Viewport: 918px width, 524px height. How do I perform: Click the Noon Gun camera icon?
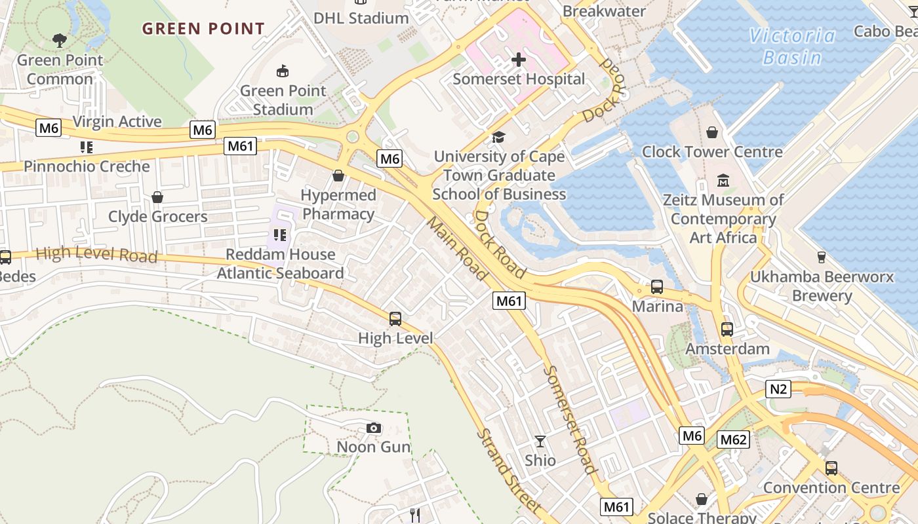[374, 428]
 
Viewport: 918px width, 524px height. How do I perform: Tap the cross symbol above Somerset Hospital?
[519, 60]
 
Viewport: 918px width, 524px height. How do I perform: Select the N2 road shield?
[778, 390]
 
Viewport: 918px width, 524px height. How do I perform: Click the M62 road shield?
[732, 440]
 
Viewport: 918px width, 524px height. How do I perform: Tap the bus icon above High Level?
[395, 319]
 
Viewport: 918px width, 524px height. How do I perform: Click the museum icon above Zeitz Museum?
[723, 180]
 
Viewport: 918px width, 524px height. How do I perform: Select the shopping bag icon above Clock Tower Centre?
[712, 133]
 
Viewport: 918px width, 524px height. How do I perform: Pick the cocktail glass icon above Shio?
[540, 441]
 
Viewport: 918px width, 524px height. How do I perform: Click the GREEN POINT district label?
[203, 29]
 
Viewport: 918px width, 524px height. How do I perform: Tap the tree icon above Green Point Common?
[60, 41]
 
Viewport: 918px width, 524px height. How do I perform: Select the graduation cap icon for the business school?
[499, 138]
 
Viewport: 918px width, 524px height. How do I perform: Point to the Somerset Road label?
[570, 419]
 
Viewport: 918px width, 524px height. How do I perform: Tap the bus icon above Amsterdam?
[727, 329]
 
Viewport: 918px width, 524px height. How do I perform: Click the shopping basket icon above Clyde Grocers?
[157, 197]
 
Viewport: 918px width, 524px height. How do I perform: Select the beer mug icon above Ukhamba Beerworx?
[821, 257]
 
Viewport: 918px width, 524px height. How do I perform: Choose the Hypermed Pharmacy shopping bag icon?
[338, 176]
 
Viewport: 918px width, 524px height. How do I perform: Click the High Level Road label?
[96, 254]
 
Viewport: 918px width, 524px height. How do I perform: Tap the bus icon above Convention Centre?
[831, 468]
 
